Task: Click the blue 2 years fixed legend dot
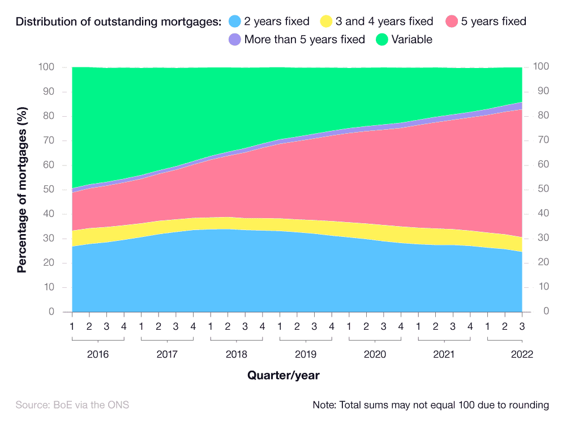click(234, 22)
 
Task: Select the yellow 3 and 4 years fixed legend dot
click(326, 22)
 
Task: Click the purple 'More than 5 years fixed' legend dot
click(234, 40)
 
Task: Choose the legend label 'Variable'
click(413, 40)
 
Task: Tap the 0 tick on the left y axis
click(51, 312)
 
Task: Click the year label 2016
click(98, 354)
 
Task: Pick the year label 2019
click(306, 354)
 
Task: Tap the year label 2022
click(522, 354)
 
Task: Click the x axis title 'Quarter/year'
click(283, 375)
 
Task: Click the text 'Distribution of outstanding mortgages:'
click(118, 22)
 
